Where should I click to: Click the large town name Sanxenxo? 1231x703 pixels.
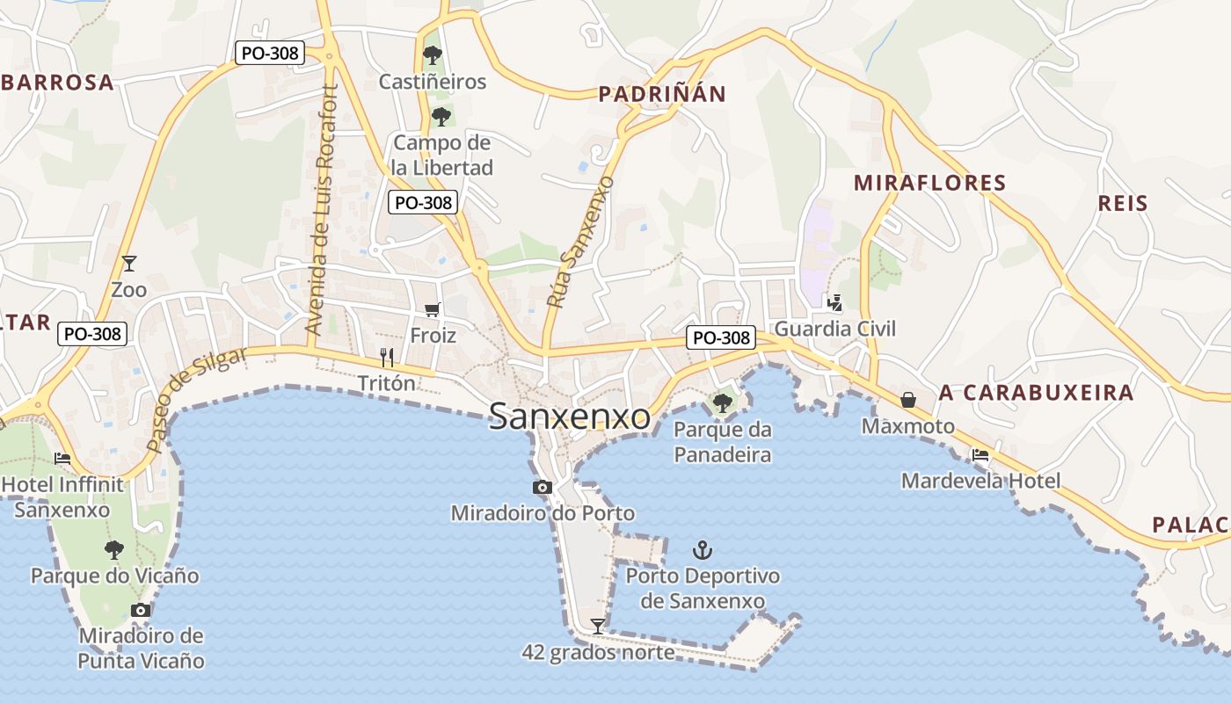click(x=570, y=417)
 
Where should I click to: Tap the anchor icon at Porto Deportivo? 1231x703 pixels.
click(x=702, y=551)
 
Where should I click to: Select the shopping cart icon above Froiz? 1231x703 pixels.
click(x=432, y=309)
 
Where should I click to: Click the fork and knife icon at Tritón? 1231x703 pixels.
click(x=387, y=357)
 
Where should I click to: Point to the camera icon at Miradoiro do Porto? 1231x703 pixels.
click(x=542, y=487)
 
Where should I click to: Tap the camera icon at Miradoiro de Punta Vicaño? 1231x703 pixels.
click(x=140, y=610)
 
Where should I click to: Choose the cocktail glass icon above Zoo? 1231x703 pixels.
click(x=129, y=263)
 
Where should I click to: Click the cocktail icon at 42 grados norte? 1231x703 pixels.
click(x=598, y=626)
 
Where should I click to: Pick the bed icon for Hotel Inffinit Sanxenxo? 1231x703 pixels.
click(x=62, y=458)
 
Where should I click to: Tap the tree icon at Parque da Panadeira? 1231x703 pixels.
click(x=723, y=403)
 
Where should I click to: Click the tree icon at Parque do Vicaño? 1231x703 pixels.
click(x=113, y=550)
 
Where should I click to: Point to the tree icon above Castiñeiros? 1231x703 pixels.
click(x=432, y=55)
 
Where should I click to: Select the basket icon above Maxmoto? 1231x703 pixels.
click(x=908, y=400)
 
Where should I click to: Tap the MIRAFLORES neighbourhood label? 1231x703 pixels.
click(x=929, y=183)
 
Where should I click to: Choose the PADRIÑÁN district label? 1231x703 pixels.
click(x=662, y=94)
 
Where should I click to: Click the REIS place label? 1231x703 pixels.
click(x=1123, y=204)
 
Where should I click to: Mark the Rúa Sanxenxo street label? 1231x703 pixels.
click(x=579, y=242)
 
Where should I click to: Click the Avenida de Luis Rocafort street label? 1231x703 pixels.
click(x=320, y=208)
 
